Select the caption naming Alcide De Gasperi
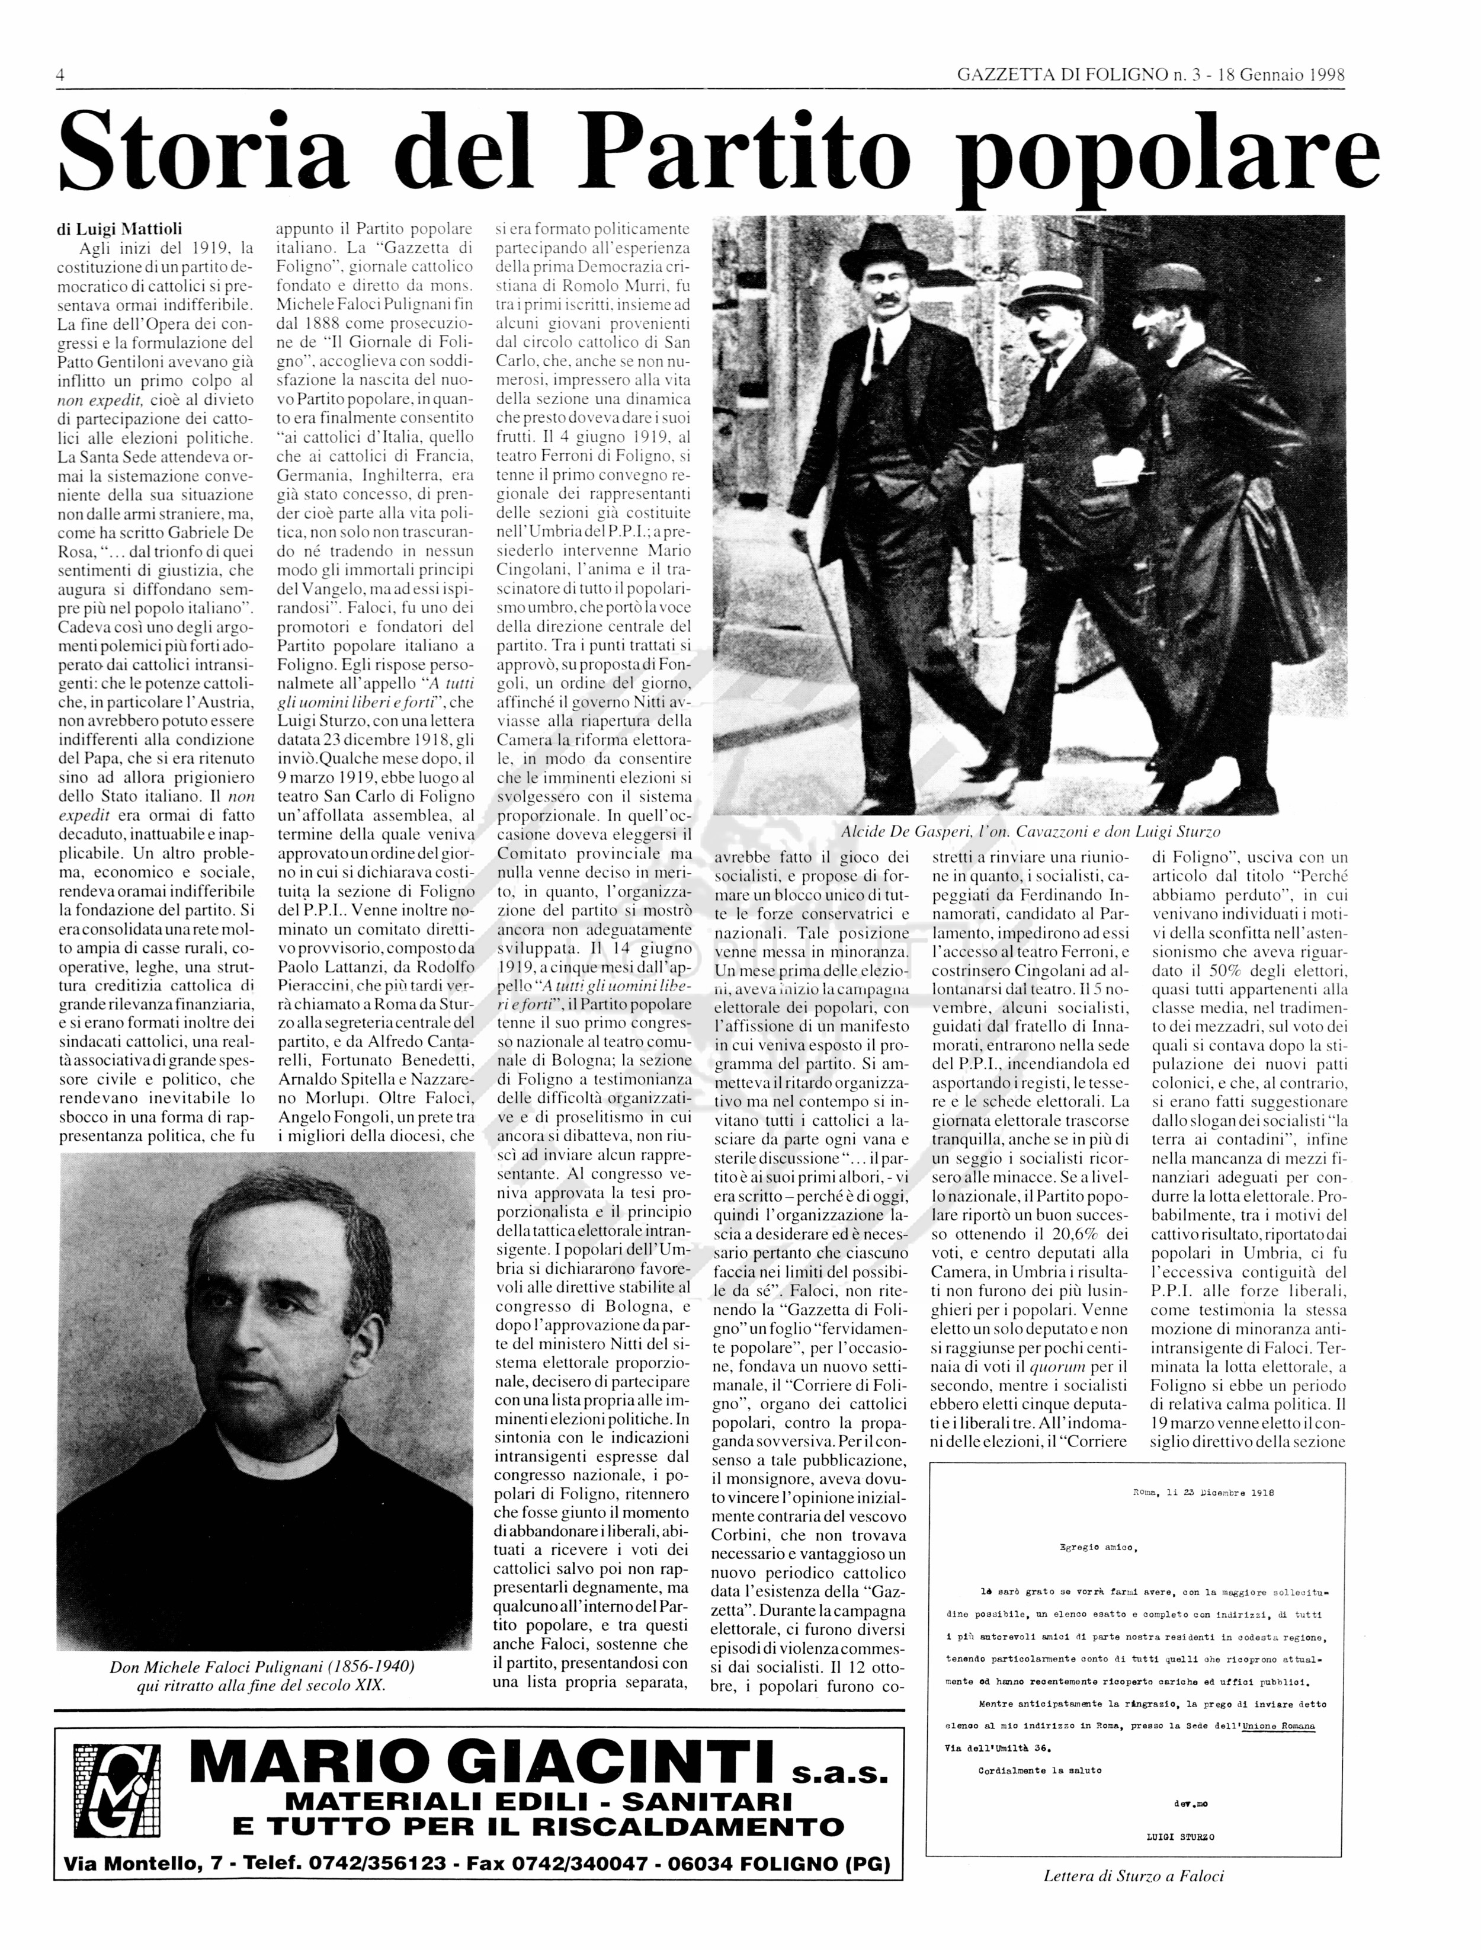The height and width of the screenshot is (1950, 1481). point(1030,831)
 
